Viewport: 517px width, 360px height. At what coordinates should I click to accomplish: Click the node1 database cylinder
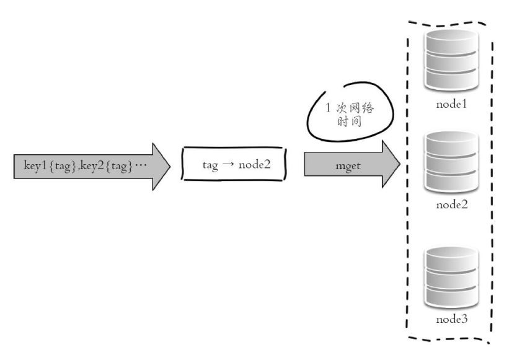pos(451,59)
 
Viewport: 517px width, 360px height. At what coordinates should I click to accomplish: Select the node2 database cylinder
pos(451,162)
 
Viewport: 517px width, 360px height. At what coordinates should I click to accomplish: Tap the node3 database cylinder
pos(451,278)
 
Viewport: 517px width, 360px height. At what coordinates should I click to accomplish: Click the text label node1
pos(451,104)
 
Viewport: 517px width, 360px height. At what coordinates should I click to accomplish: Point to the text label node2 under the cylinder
pos(452,204)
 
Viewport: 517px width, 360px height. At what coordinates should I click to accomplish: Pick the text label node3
pos(452,318)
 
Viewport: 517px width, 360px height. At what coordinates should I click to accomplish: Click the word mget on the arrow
pos(348,166)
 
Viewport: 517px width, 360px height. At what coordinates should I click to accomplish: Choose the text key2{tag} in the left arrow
pos(106,165)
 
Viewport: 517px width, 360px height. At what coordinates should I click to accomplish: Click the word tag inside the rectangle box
pos(210,165)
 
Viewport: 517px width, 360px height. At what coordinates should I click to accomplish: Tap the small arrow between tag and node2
pos(228,164)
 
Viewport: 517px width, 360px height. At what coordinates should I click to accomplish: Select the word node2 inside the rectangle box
pos(254,164)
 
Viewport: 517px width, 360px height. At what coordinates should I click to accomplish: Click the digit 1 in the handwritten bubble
pos(328,107)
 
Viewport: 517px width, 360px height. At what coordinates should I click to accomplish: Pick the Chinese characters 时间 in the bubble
pos(349,121)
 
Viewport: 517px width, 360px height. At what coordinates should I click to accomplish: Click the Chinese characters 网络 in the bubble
pos(361,108)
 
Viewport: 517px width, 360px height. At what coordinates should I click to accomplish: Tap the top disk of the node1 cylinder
pos(451,42)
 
